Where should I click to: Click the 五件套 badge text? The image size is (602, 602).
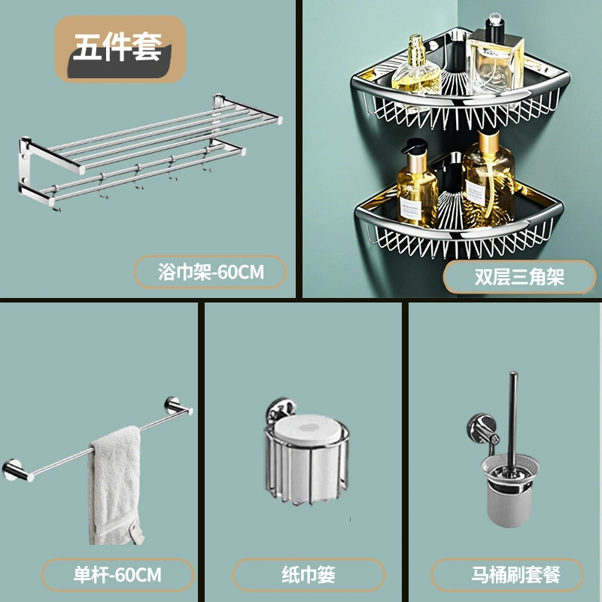tap(117, 47)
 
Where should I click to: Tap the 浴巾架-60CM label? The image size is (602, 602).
tap(211, 272)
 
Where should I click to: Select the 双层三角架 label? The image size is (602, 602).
tap(519, 277)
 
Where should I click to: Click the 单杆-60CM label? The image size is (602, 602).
tap(117, 575)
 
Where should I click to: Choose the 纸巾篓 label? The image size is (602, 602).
tap(309, 575)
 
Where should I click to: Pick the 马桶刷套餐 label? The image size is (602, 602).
tap(515, 575)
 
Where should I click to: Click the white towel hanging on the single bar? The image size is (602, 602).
tap(115, 485)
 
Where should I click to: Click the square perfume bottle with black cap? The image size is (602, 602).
tap(494, 59)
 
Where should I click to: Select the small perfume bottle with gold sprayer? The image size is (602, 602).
tap(417, 65)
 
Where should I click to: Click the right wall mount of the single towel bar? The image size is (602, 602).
tap(175, 406)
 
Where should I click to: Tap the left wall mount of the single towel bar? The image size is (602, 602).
tap(15, 470)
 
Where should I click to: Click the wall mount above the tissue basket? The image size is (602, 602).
tap(282, 409)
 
